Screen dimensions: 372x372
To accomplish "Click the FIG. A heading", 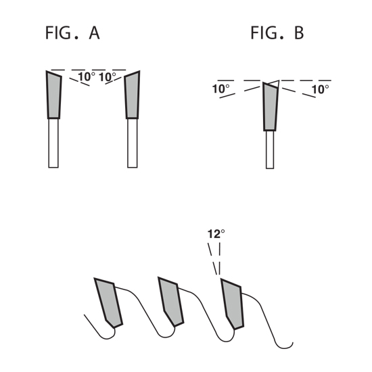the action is (72, 32).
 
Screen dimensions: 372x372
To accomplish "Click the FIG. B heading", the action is (277, 32).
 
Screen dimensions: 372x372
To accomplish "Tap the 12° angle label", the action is (216, 234).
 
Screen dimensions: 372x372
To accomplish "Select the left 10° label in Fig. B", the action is (221, 89).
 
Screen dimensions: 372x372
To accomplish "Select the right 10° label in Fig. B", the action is (321, 89).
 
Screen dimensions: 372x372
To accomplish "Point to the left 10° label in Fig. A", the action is (87, 76).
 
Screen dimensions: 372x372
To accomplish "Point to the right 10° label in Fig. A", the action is (108, 77).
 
